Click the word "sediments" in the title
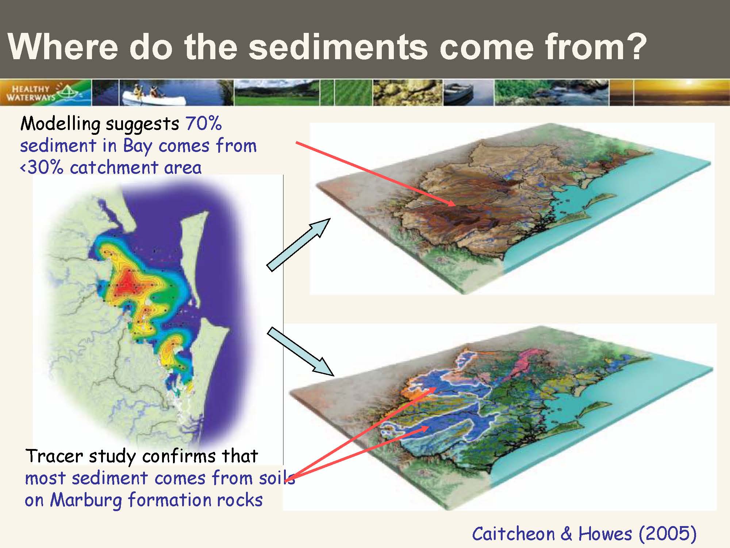(338, 47)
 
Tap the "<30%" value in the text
(42, 167)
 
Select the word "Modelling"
(60, 124)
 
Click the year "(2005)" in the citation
(668, 534)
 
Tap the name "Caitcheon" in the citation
(513, 534)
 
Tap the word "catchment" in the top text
(114, 167)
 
